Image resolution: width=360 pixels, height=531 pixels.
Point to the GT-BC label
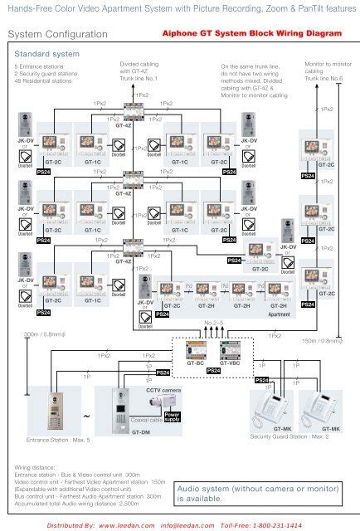coord(197,363)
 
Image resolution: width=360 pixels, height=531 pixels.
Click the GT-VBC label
coord(228,363)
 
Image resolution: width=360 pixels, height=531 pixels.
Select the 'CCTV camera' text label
coord(163,389)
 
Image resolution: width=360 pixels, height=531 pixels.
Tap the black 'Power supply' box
coord(172,417)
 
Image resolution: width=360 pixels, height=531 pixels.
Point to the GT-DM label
coord(141,432)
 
